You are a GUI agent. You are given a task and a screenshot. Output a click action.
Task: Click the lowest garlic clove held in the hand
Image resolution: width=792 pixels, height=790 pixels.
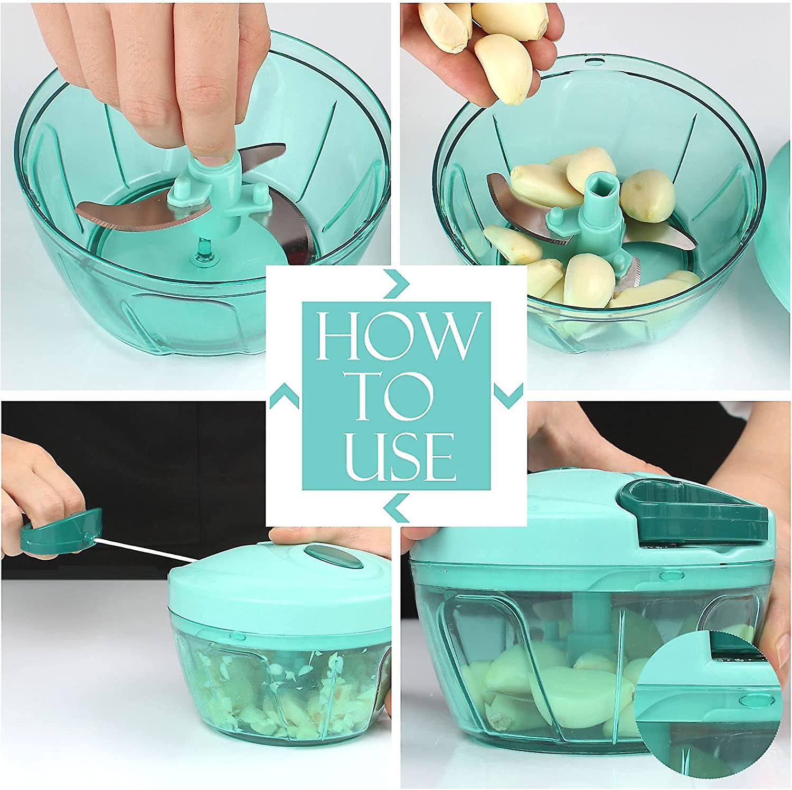502,68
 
